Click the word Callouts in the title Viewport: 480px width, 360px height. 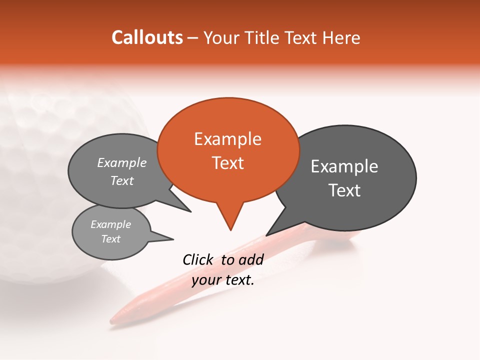[147, 37]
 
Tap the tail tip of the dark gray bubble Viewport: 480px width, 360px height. [266, 235]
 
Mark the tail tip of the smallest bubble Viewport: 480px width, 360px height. [172, 238]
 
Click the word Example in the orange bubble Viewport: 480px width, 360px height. [227, 139]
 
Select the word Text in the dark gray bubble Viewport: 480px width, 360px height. [344, 190]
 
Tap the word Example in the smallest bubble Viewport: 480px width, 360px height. [110, 224]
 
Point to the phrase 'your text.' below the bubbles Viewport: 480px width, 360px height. [223, 280]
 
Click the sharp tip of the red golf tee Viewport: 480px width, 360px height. [112, 320]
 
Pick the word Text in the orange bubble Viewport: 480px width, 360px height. [228, 163]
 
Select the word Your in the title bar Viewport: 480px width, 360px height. [221, 37]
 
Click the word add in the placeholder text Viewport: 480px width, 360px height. [251, 259]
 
